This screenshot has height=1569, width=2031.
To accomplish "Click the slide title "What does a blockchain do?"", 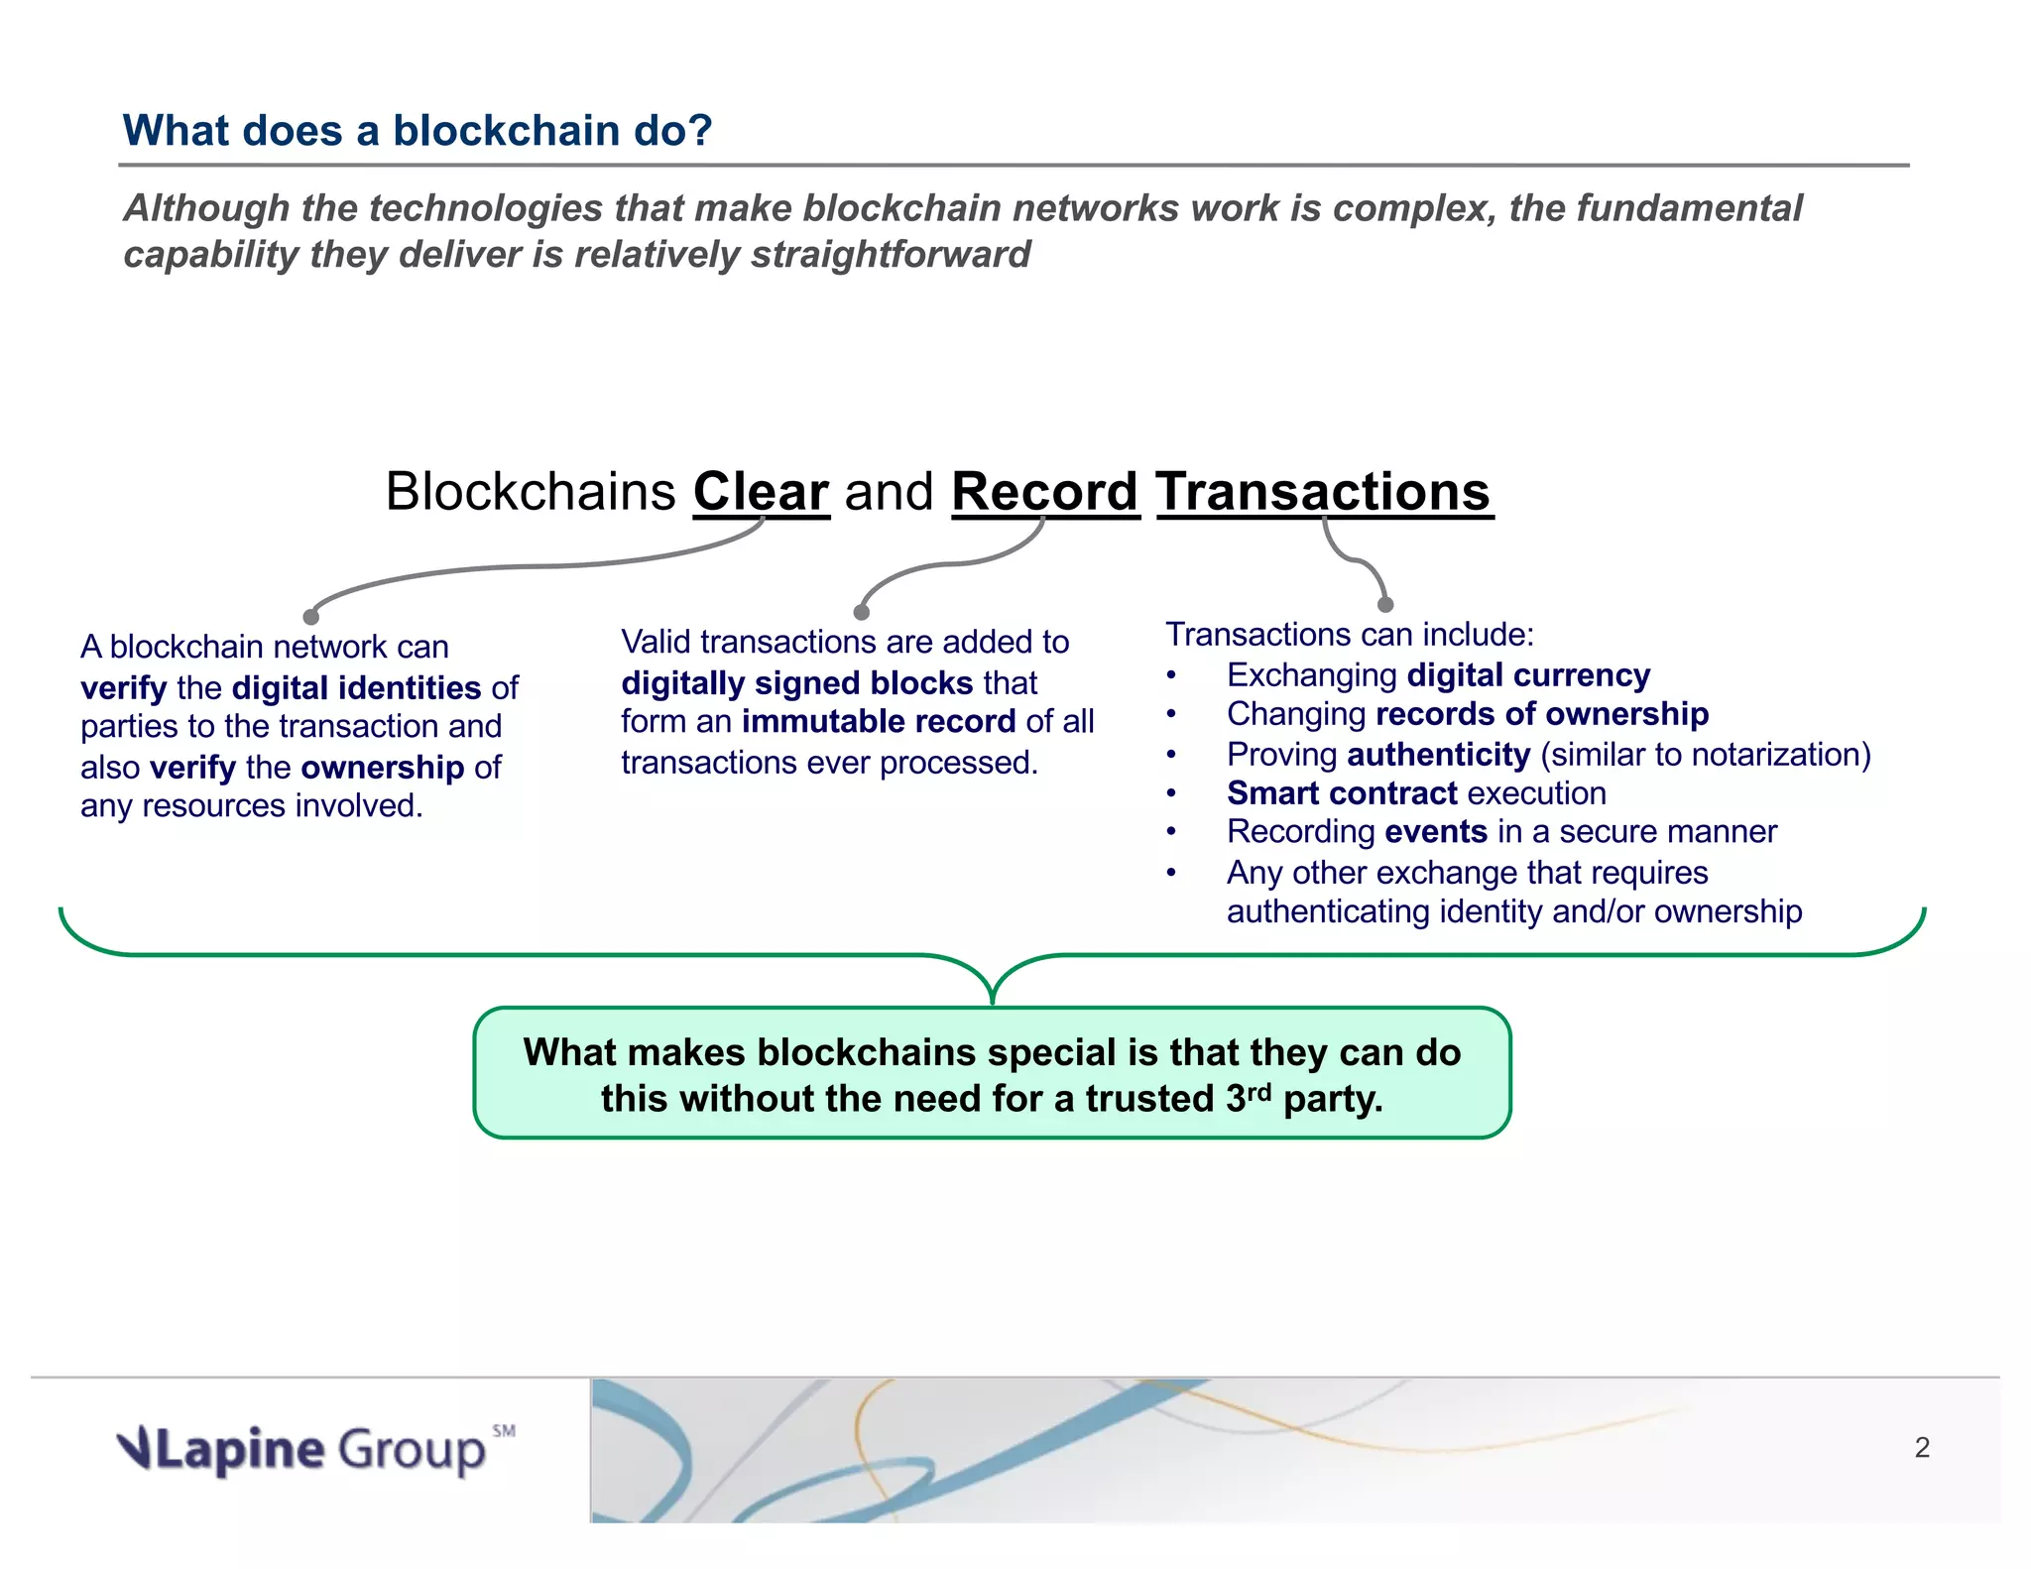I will coord(417,131).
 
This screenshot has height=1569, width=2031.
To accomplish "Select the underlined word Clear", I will coord(761,492).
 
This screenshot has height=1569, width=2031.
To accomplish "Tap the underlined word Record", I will coord(1044,492).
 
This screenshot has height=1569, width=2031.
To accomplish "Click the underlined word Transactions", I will coord(1324,492).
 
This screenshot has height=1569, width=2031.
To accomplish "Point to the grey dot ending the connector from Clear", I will coord(310,617).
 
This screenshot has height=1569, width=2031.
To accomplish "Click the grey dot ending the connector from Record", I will coord(861,613).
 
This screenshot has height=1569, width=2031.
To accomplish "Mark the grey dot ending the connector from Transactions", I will coord(1385,605).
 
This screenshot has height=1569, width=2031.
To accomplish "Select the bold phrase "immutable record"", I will coord(879,721).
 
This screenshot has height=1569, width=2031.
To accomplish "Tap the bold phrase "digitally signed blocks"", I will coord(796,682).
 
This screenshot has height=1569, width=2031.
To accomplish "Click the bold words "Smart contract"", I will coord(1342,793).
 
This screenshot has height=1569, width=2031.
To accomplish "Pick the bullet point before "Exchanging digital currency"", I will coord(1171,676).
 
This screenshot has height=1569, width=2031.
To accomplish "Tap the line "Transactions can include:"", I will coord(1349,635).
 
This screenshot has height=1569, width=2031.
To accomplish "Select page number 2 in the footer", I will coord(1921,1448).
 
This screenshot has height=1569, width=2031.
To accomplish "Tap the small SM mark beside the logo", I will coord(504,1430).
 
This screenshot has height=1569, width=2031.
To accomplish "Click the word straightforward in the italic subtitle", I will coord(891,255).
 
